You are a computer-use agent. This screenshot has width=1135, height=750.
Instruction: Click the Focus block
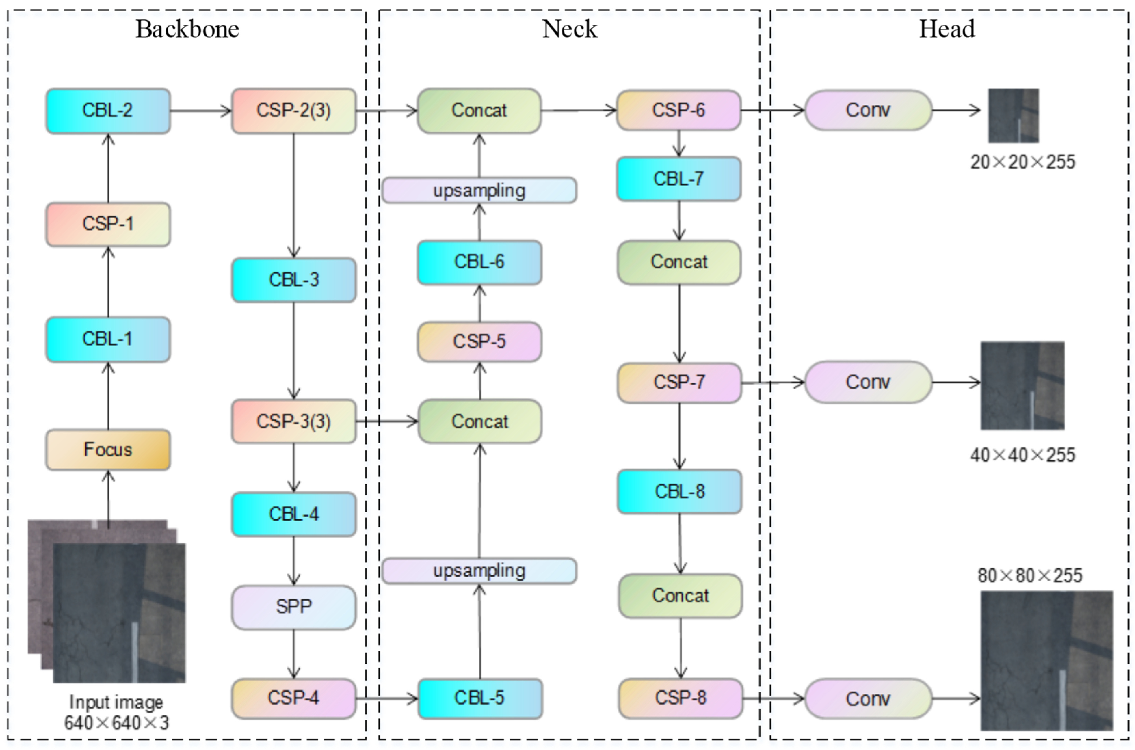108,450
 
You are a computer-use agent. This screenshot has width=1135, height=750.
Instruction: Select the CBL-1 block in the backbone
108,339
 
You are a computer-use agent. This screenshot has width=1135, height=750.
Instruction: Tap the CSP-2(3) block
293,110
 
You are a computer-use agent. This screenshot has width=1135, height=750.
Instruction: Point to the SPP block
293,606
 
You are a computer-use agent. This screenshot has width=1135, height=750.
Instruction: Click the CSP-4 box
293,698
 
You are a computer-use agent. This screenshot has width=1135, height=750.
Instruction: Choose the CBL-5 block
480,698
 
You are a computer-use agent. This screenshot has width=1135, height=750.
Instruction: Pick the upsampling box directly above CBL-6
479,190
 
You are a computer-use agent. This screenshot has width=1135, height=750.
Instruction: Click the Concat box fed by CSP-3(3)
480,421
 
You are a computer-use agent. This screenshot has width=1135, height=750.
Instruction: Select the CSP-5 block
479,341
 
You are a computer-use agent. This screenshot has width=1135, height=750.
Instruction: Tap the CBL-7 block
678,179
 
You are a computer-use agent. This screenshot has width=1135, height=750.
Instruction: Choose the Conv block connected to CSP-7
868,382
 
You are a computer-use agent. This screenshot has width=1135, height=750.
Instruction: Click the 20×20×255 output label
1022,162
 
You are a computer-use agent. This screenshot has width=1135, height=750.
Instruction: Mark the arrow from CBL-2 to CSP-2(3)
200,111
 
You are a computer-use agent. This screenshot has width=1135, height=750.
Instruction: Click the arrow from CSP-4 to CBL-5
387,699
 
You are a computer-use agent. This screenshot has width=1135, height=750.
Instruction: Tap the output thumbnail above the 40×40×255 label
1022,386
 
